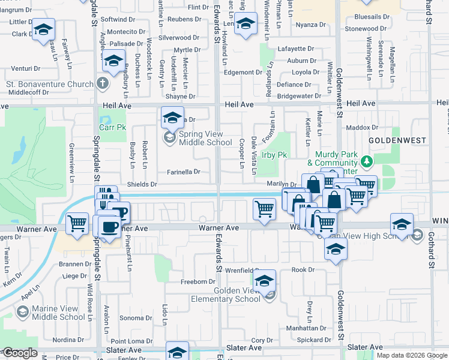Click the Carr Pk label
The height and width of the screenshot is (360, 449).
[x=109, y=128]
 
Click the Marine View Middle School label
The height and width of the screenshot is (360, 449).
[x=58, y=313]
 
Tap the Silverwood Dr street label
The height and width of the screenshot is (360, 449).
[x=178, y=38]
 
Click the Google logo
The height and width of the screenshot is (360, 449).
[x=20, y=353]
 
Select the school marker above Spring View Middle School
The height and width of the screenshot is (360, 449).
[x=172, y=117]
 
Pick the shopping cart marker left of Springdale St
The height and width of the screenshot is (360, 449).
[x=77, y=223]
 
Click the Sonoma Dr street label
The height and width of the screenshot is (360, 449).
[x=131, y=318]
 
